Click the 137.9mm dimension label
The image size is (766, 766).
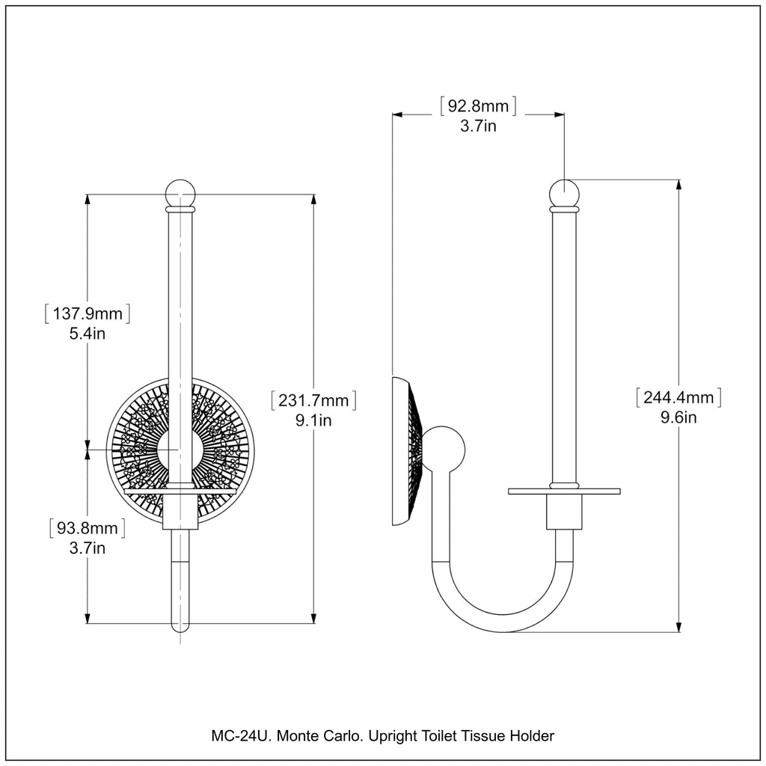(88, 313)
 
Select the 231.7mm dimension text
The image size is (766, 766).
(313, 400)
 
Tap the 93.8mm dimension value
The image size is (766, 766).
(88, 529)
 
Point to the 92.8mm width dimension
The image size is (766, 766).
(479, 105)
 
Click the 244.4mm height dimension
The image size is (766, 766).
(678, 397)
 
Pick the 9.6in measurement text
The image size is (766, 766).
(678, 418)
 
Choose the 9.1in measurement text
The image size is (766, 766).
(313, 420)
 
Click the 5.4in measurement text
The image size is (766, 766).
(88, 334)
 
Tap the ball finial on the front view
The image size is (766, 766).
(180, 192)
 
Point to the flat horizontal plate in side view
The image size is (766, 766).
(564, 491)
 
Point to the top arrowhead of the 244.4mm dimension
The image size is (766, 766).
(678, 184)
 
